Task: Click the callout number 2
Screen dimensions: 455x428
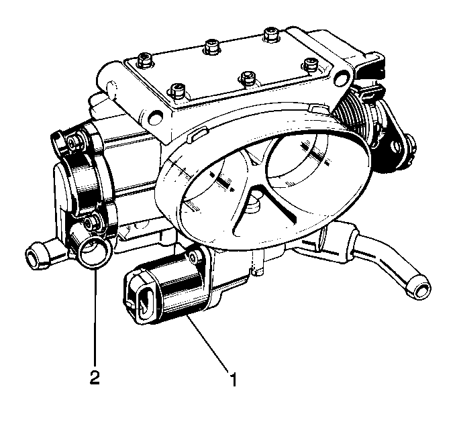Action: tap(95, 376)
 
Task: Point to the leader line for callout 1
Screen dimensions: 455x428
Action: tap(208, 342)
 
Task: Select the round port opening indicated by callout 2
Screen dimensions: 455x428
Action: tap(94, 252)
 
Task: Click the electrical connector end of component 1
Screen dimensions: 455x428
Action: tap(142, 297)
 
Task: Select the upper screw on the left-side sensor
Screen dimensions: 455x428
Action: tap(72, 142)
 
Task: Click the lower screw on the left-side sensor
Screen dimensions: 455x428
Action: tap(88, 223)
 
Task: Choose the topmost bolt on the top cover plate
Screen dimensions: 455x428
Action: tap(271, 34)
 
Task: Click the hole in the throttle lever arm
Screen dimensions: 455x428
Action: tap(396, 146)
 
